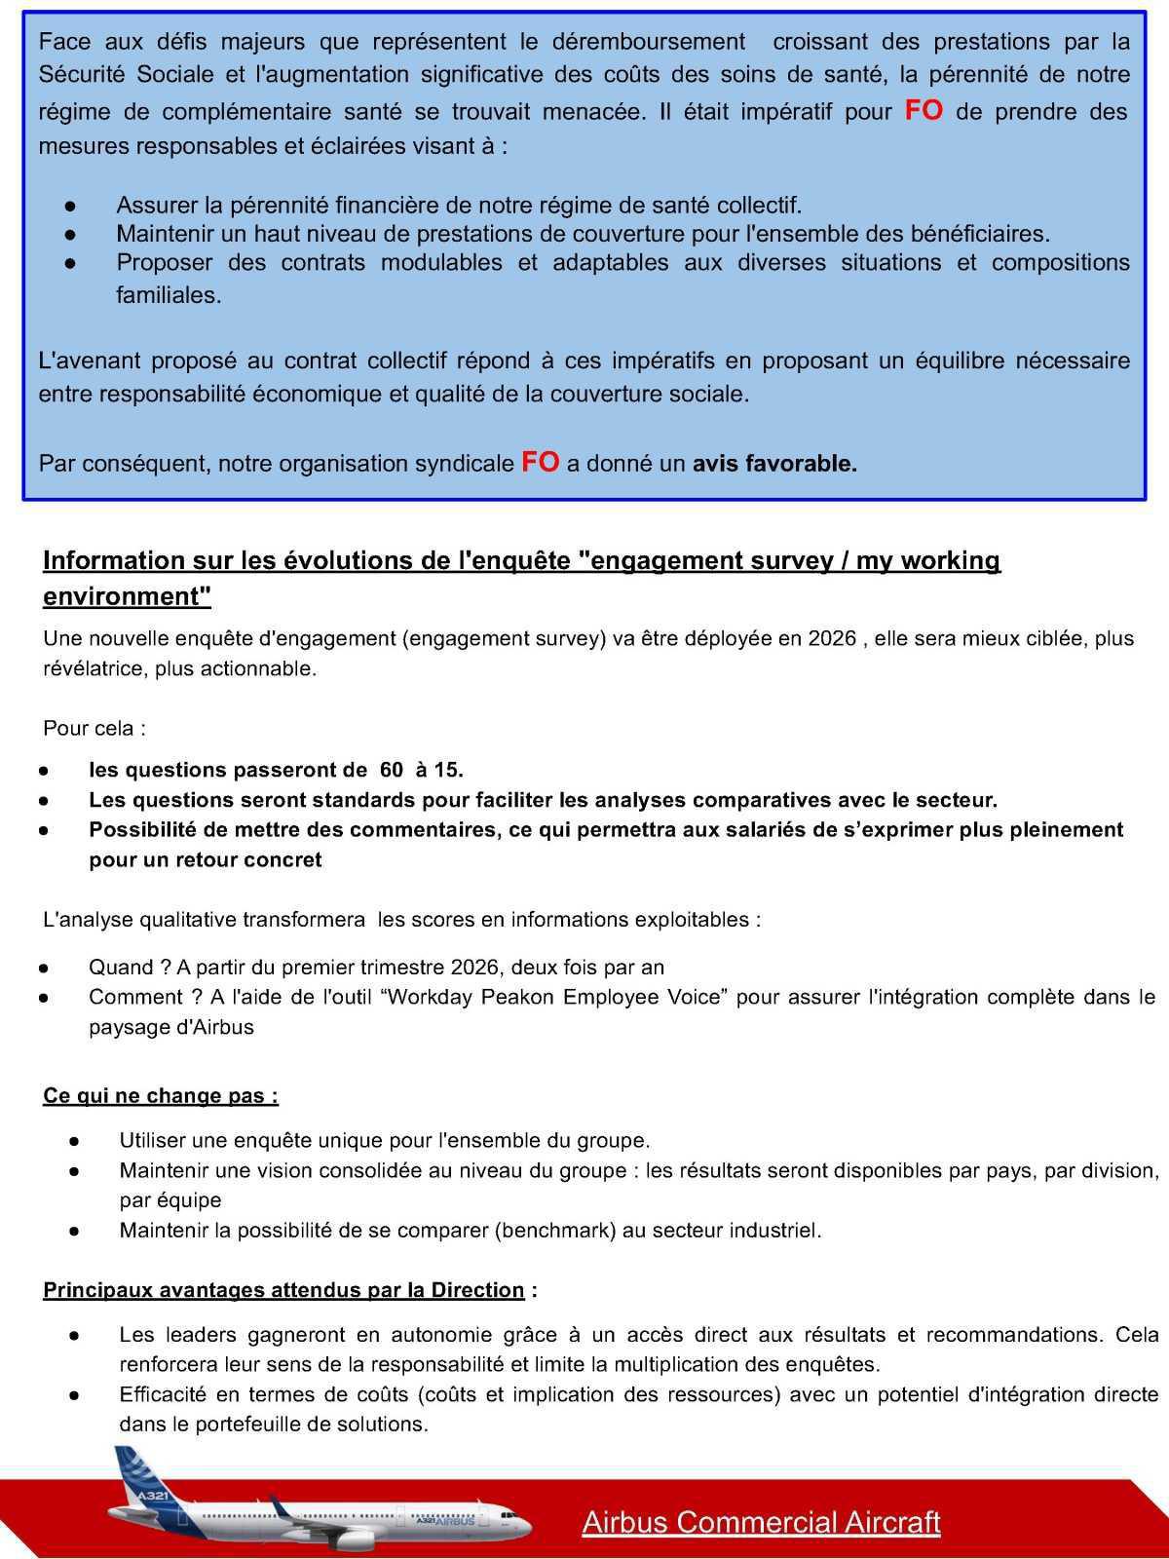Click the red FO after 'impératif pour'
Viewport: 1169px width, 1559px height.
coord(924,110)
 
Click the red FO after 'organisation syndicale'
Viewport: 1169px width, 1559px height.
coord(541,462)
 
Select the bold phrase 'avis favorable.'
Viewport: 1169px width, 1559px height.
coord(774,464)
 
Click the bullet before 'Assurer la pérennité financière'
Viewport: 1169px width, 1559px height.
coord(70,206)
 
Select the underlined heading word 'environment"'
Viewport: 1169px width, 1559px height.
coord(127,596)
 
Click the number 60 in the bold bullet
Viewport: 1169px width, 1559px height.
coord(391,770)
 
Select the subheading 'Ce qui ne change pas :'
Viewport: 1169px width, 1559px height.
coord(161,1096)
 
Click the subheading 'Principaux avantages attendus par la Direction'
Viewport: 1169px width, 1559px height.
coord(283,1290)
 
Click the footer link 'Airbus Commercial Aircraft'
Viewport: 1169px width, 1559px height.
coord(761,1522)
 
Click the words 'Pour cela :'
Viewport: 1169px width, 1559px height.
coord(94,729)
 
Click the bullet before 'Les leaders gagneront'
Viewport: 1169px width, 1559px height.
coord(73,1335)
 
